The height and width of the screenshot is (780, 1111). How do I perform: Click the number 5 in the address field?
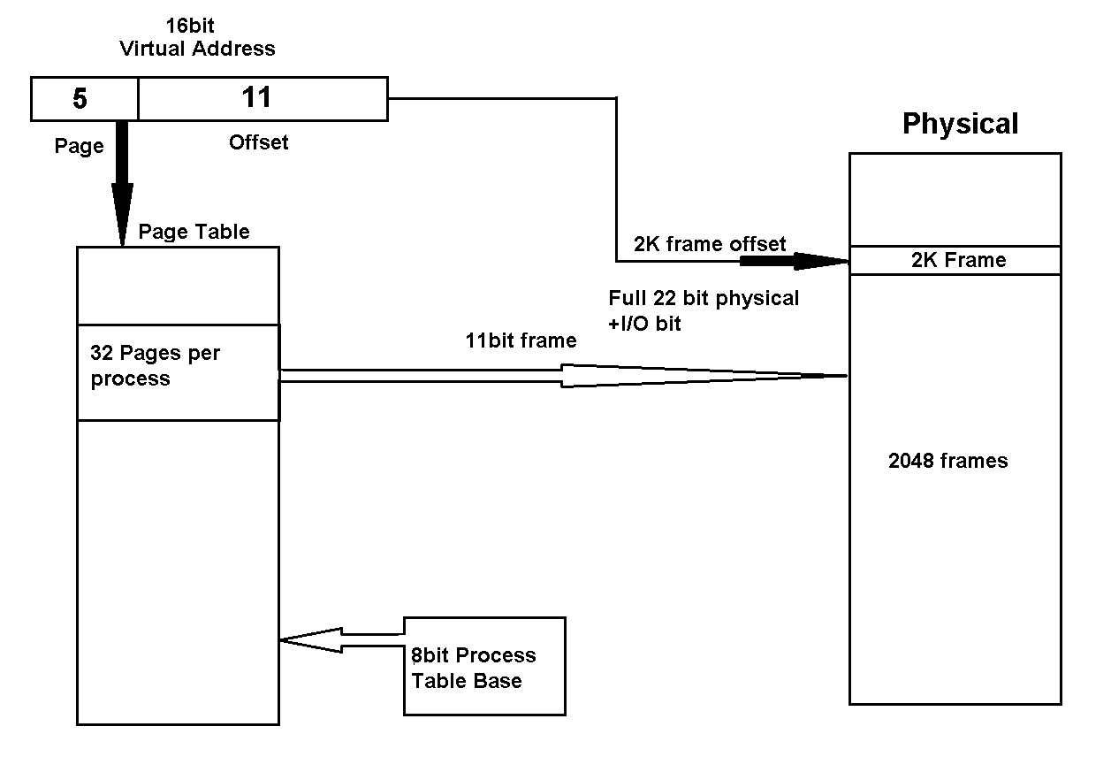(x=80, y=99)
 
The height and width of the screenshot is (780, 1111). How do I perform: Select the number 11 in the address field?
(x=256, y=97)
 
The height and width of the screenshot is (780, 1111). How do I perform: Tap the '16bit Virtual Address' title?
(x=196, y=38)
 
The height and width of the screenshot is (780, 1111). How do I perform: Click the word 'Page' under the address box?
(x=79, y=147)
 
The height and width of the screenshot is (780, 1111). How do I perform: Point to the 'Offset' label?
(x=258, y=142)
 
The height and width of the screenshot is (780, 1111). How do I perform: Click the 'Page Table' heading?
(x=194, y=232)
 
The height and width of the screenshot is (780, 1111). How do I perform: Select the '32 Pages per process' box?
(x=178, y=371)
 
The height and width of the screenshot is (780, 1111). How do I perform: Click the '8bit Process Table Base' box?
(x=483, y=667)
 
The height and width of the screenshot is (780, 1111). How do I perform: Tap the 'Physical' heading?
(x=960, y=124)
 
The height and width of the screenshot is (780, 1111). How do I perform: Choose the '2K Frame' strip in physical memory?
(x=955, y=260)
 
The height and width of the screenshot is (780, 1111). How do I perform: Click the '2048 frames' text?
(x=947, y=461)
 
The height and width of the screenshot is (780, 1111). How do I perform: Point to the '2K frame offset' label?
(x=710, y=244)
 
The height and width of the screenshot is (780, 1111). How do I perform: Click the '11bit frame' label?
(x=521, y=340)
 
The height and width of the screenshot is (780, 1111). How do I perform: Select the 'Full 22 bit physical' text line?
(x=704, y=299)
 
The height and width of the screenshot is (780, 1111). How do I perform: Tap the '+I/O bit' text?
(x=645, y=324)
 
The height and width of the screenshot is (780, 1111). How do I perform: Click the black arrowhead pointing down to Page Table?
(x=122, y=212)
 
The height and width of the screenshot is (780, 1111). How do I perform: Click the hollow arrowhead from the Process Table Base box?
(x=309, y=639)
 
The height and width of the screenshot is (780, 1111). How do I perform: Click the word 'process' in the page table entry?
(x=130, y=379)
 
